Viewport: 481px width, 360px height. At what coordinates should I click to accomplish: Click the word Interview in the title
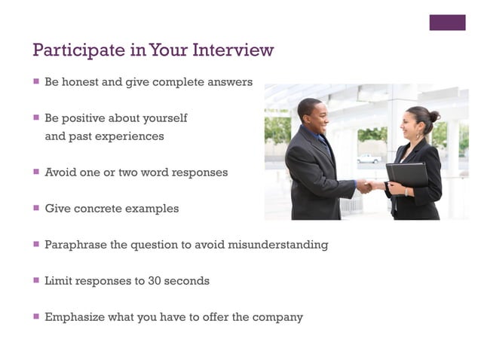tap(234, 50)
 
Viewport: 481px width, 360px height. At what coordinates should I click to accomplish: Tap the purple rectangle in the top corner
tap(447, 23)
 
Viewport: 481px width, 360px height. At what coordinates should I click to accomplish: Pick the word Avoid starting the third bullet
tap(61, 172)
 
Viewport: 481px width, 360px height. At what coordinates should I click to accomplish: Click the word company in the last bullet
tap(277, 317)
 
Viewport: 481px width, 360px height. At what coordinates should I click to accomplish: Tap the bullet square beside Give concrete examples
tap(36, 208)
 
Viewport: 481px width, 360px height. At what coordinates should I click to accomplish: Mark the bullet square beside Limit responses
tap(36, 280)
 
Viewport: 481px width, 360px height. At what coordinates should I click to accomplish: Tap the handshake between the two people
tap(370, 185)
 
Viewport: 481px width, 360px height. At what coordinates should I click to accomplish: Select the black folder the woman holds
tap(407, 175)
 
